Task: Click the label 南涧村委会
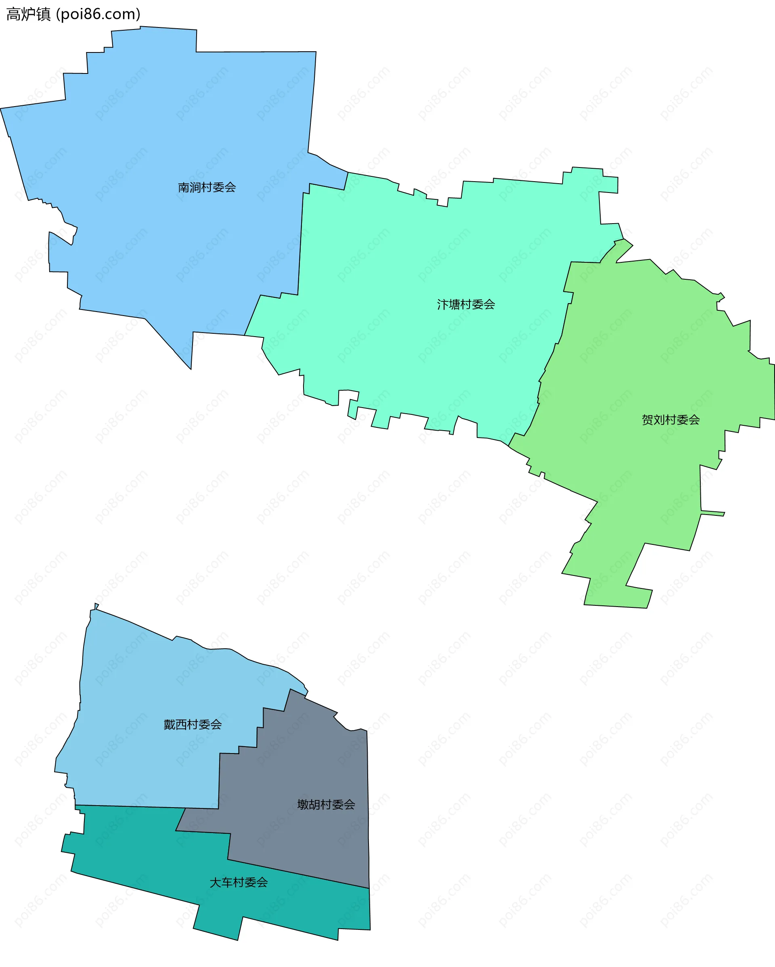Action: pos(207,188)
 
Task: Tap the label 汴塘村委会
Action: pos(466,305)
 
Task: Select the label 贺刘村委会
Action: pos(670,420)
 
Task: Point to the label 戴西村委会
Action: pos(193,725)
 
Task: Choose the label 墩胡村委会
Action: pos(326,805)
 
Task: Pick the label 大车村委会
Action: pos(239,883)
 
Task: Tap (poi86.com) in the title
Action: pos(98,15)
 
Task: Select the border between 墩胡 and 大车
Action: pos(296,874)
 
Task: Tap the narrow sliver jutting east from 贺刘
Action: pos(713,513)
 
